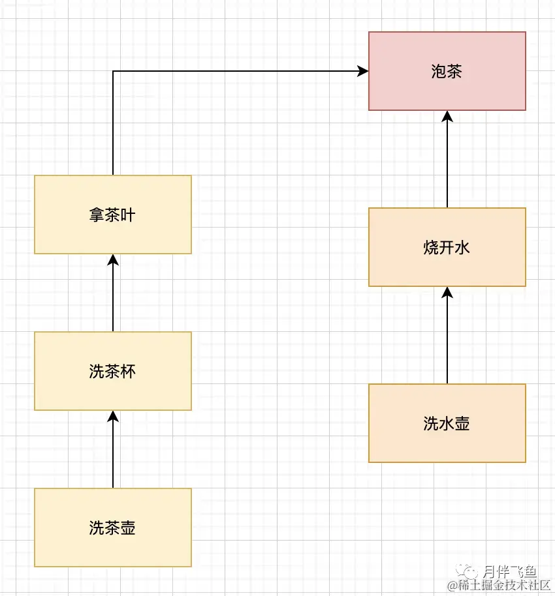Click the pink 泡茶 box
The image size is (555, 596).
click(x=447, y=91)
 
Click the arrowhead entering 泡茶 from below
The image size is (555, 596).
click(x=447, y=116)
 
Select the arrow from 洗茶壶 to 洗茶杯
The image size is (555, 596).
click(x=113, y=450)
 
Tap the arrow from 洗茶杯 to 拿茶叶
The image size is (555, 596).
click(x=113, y=293)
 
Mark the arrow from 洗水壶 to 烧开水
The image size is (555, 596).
click(x=447, y=336)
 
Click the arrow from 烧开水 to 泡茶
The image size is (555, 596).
click(x=447, y=160)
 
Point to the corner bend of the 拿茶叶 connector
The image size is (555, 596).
click(x=113, y=71)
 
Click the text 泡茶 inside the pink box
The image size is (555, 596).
click(x=447, y=72)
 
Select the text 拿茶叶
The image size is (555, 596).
click(x=112, y=215)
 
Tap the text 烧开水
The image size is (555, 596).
click(x=447, y=248)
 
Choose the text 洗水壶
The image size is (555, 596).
click(x=447, y=424)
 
